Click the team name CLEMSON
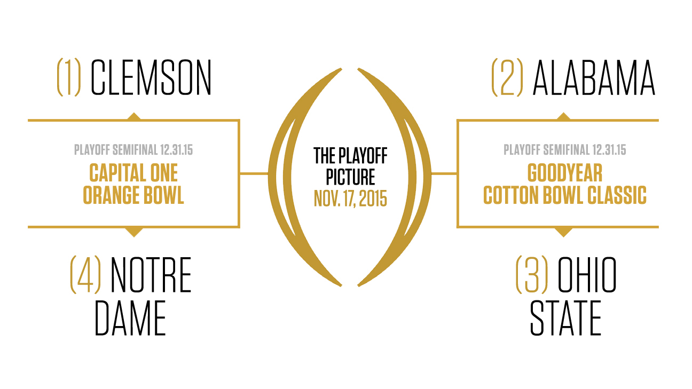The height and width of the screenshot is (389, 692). pyautogui.click(x=151, y=77)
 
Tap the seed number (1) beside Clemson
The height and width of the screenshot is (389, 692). pyautogui.click(x=69, y=77)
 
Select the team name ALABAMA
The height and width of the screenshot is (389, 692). pyautogui.click(x=594, y=77)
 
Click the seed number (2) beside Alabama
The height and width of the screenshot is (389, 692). pyautogui.click(x=507, y=77)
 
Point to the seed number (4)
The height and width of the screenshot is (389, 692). pyautogui.click(x=85, y=275)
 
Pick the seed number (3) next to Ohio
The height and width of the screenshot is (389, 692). pyautogui.click(x=532, y=275)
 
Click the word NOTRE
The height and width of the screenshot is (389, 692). pyautogui.click(x=151, y=275)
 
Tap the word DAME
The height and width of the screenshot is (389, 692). pyautogui.click(x=130, y=318)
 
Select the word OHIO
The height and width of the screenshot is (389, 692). pyautogui.click(x=587, y=275)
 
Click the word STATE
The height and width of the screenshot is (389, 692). pyautogui.click(x=565, y=318)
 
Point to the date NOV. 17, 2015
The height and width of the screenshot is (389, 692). pyautogui.click(x=350, y=199)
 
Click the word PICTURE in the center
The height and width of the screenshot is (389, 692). pyautogui.click(x=350, y=177)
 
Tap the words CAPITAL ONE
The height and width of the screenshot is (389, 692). pyautogui.click(x=133, y=173)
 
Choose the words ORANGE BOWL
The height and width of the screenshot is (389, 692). pyautogui.click(x=133, y=195)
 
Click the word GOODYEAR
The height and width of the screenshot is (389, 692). pyautogui.click(x=565, y=173)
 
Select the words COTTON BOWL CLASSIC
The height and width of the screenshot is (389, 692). pyautogui.click(x=565, y=195)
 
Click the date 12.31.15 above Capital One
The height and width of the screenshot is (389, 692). pyautogui.click(x=176, y=150)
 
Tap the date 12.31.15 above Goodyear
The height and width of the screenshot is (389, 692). pyautogui.click(x=609, y=150)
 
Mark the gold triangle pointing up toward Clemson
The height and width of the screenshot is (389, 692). pyautogui.click(x=134, y=116)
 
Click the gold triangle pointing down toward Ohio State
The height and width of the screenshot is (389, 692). pyautogui.click(x=563, y=232)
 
